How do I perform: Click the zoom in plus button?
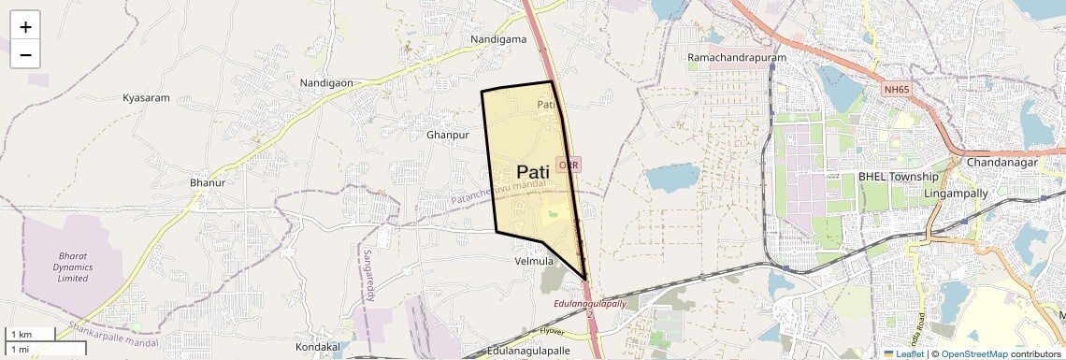[25, 27]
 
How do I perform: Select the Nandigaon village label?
[325, 83]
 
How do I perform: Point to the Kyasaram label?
[146, 98]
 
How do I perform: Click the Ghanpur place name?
[446, 136]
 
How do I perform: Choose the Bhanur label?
[207, 182]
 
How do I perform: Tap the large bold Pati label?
[532, 172]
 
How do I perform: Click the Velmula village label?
[534, 261]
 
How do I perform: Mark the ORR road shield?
[569, 164]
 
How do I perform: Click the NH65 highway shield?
[895, 90]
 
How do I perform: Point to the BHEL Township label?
[898, 177]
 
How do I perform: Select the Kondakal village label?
[317, 347]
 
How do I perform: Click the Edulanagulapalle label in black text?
[528, 351]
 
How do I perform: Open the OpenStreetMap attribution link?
[973, 354]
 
